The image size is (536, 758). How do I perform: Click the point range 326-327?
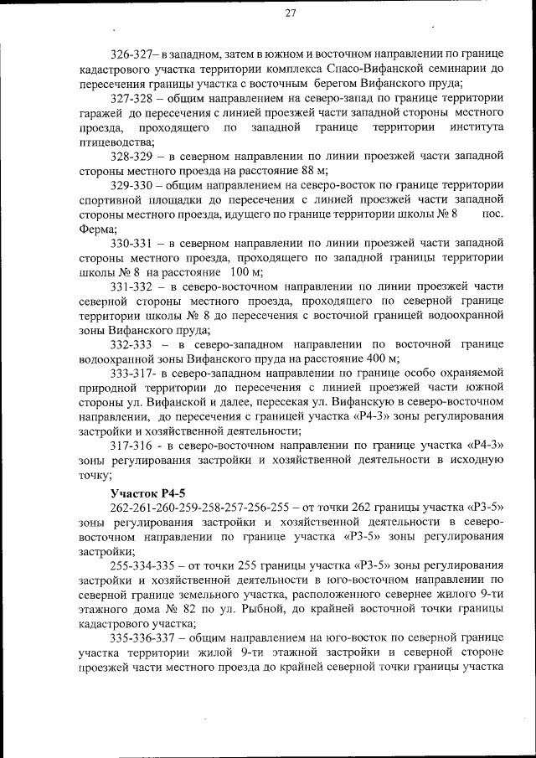pyautogui.click(x=131, y=53)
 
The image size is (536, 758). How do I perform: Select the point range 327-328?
pyautogui.click(x=131, y=97)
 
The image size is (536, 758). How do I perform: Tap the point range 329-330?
pyautogui.click(x=131, y=184)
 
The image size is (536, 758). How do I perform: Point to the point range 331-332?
pyautogui.click(x=131, y=286)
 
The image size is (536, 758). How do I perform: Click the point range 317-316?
pyautogui.click(x=131, y=446)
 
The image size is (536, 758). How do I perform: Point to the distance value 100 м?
pyautogui.click(x=245, y=271)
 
